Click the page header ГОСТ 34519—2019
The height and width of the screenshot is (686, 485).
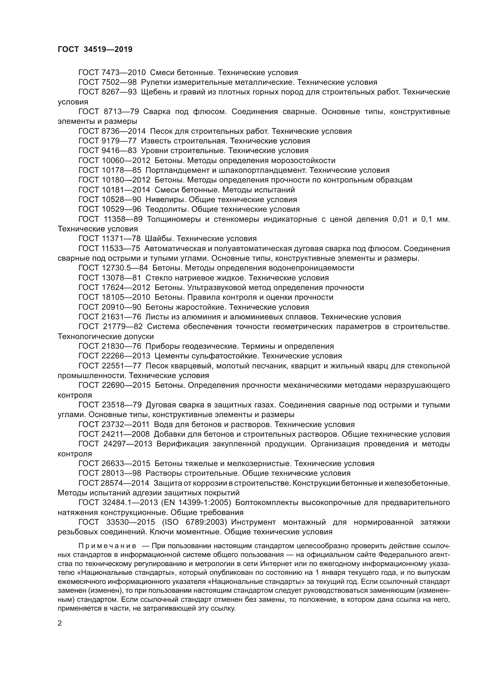(x=95, y=49)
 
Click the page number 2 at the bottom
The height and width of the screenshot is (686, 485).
(x=60, y=623)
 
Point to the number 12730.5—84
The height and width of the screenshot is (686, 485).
(x=125, y=268)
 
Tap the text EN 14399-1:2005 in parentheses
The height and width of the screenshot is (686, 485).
(x=196, y=503)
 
